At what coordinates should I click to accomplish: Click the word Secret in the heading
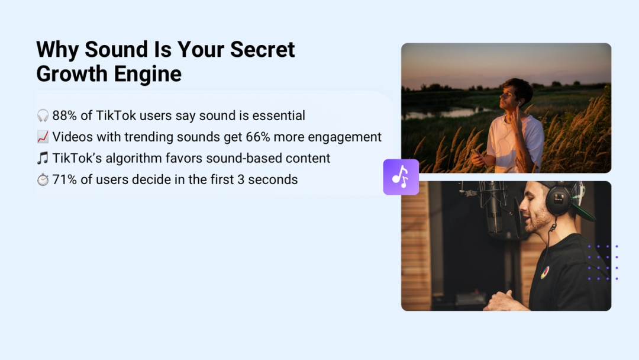[x=263, y=49]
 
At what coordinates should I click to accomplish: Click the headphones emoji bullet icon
[x=43, y=116]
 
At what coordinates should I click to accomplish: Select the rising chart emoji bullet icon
[x=43, y=137]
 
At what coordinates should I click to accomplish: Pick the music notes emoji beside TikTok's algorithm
[x=43, y=158]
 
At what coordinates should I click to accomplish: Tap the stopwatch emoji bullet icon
[x=43, y=179]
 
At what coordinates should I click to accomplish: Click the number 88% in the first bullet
[x=64, y=116]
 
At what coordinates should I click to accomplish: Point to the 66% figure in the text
[x=258, y=137]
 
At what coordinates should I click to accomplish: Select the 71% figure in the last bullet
[x=64, y=179]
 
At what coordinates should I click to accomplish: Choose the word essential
[x=278, y=116]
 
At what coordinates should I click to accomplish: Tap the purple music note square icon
[x=401, y=177]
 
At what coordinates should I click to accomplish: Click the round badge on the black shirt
[x=544, y=272]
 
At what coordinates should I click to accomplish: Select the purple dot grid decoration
[x=603, y=262]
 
